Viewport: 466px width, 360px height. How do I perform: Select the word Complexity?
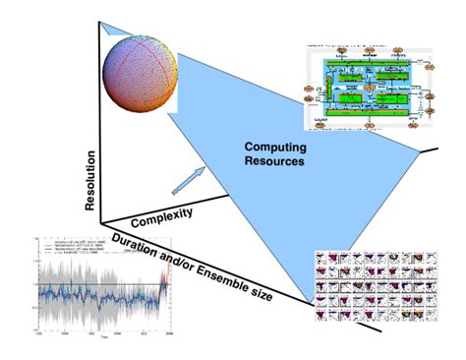161,211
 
